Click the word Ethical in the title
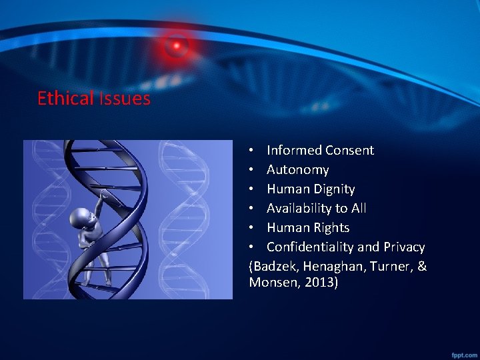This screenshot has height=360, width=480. [x=65, y=99]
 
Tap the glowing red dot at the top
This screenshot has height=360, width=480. [x=177, y=45]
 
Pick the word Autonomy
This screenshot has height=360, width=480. [x=298, y=170]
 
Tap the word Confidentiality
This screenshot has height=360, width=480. [x=311, y=247]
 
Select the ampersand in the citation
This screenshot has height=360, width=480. [x=421, y=267]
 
